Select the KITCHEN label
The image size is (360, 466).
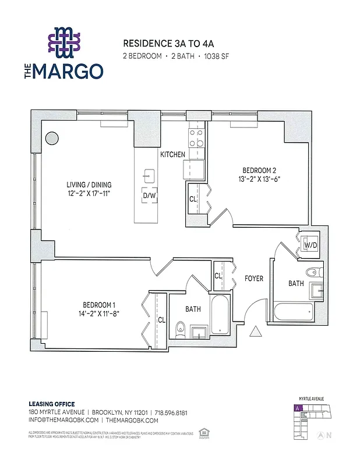point(173,154)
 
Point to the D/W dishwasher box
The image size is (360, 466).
point(150,196)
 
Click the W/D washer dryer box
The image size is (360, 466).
point(310,245)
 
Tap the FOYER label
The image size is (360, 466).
point(254,278)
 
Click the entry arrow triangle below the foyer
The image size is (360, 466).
point(255,331)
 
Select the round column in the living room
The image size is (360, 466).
point(52,139)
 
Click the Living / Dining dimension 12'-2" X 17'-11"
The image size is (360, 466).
point(88,193)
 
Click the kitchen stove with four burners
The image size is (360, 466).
point(196,138)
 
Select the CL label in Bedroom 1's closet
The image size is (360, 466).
point(161,320)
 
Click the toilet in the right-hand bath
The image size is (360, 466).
point(313,271)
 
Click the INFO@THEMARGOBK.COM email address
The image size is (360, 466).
point(63,420)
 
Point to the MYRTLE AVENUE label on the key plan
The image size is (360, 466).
point(312,399)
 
